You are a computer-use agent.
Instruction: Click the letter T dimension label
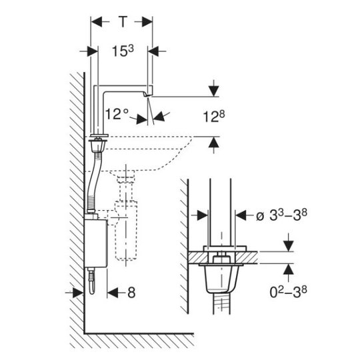point(123,22)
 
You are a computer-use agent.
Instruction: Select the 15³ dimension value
point(123,51)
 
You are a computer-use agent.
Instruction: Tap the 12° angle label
point(117,114)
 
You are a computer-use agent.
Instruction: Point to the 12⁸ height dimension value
point(214,117)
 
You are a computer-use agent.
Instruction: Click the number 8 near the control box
point(131,293)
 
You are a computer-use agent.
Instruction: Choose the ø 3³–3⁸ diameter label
point(281,215)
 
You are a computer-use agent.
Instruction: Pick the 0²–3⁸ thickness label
point(289,292)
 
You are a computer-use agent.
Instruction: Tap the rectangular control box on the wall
point(96,243)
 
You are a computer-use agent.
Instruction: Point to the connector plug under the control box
point(92,281)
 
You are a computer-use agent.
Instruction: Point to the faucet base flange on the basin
point(99,135)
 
